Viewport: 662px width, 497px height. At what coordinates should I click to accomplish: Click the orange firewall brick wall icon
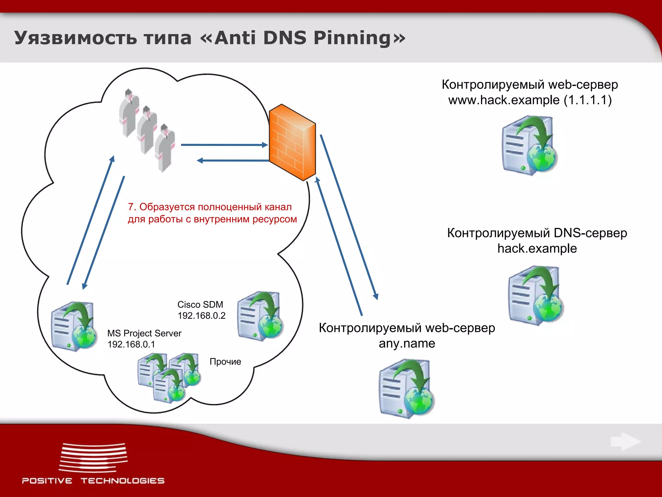pos(292,142)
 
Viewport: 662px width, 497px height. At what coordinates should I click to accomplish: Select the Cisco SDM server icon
pos(260,316)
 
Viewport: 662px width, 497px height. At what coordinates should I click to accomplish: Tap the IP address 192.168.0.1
pos(131,344)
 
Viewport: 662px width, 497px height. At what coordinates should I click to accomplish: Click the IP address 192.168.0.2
pos(201,315)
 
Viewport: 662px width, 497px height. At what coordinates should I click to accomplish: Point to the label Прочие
pos(225,361)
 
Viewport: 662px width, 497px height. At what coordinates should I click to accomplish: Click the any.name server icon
pos(406,388)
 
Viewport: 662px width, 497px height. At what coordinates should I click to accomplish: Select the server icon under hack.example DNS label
pos(535,295)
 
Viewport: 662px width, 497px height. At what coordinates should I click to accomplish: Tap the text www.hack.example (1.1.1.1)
pos(530,100)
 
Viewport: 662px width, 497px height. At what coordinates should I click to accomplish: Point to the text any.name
pos(407,343)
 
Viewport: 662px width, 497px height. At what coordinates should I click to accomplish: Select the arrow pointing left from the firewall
pos(233,160)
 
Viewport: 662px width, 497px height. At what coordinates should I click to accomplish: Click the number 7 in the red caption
pos(131,207)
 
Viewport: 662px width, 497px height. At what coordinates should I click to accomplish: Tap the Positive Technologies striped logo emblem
pos(93,458)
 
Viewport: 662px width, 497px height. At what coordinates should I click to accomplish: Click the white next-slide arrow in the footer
pos(625,441)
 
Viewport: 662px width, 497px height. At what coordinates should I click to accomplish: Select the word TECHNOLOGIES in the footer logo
pos(123,481)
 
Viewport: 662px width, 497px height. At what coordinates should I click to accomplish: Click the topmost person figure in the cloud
pos(129,112)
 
